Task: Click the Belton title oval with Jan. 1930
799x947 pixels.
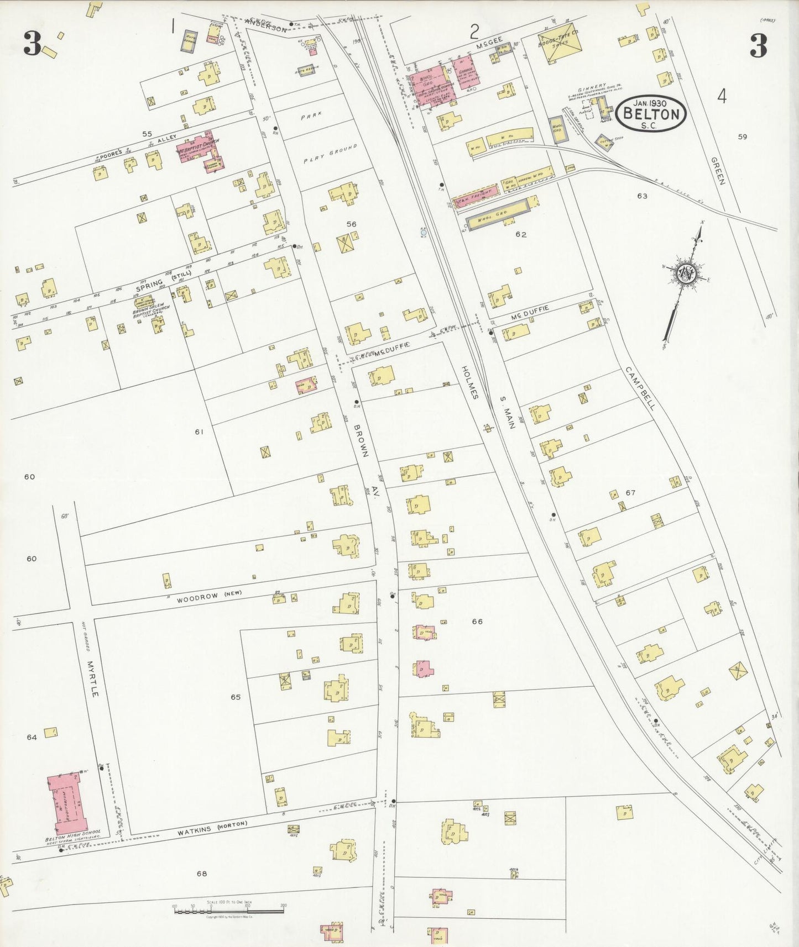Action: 651,113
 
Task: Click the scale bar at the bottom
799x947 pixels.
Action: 229,909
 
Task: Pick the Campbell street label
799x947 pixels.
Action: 641,388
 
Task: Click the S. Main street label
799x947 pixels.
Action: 508,412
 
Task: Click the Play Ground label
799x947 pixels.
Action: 331,154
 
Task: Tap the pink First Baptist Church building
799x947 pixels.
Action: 200,150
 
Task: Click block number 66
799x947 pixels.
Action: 477,622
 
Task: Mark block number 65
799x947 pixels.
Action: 236,697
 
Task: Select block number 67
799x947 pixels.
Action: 630,493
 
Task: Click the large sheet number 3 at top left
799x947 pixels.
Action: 33,44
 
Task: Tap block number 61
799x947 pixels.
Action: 199,432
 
